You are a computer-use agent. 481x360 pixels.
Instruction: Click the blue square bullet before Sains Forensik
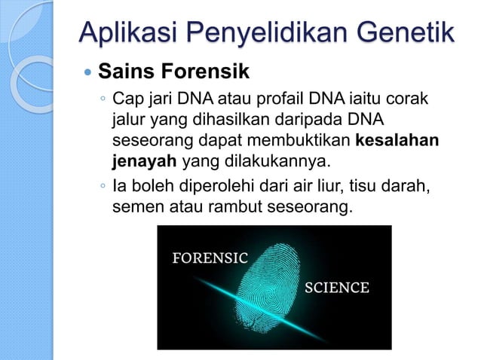coord(86,75)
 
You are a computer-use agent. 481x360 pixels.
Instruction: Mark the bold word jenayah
coord(144,162)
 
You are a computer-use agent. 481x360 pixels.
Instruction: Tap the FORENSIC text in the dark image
coord(210,258)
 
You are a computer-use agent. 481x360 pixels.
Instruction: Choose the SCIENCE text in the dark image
coord(336,288)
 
